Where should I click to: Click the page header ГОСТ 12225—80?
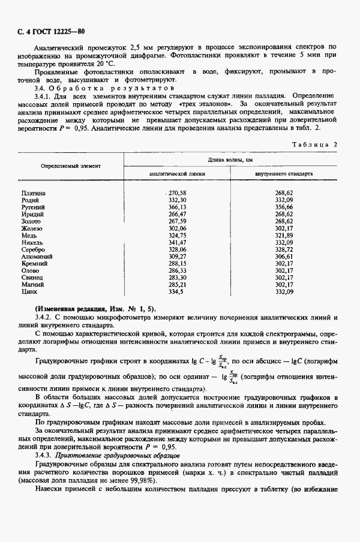(50, 31)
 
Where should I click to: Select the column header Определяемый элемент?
(71, 165)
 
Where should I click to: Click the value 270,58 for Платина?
(178, 192)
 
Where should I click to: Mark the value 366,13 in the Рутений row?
(178, 207)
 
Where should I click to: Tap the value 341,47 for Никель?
(178, 242)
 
